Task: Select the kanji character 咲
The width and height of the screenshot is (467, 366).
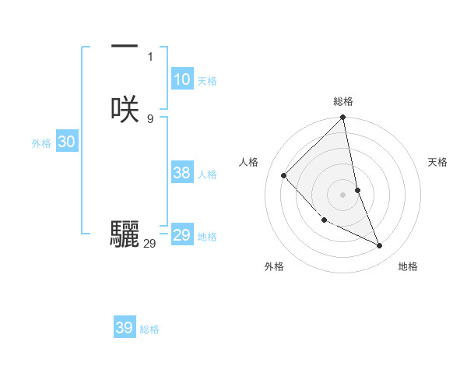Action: pos(125,109)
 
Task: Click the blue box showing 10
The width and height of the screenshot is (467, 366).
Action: pos(181,79)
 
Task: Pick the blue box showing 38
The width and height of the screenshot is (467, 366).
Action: pos(182,174)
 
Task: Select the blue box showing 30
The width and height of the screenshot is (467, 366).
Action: pos(66,142)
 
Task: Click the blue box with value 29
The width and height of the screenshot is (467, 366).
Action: pos(181,235)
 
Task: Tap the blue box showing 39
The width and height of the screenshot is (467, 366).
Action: pos(125,328)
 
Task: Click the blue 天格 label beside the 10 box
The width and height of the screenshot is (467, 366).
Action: pos(207,81)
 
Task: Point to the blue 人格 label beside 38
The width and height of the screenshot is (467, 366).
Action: pos(208,174)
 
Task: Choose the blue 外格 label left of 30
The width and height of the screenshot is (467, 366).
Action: pos(41,143)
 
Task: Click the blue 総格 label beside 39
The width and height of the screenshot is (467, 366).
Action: pos(149,329)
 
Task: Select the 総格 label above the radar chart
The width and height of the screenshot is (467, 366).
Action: pos(343,101)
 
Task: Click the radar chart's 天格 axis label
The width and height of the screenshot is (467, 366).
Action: pos(438,162)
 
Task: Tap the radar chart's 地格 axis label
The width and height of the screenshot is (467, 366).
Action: pos(408,266)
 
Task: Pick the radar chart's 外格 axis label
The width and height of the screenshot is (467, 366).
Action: pos(274,266)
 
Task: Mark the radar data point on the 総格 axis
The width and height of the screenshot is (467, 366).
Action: pos(343,118)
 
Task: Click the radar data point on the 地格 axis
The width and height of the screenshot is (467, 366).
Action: pos(380,245)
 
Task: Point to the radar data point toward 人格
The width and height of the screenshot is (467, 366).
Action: pos(284,175)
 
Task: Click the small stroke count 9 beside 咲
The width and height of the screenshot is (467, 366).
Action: pos(150,118)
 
